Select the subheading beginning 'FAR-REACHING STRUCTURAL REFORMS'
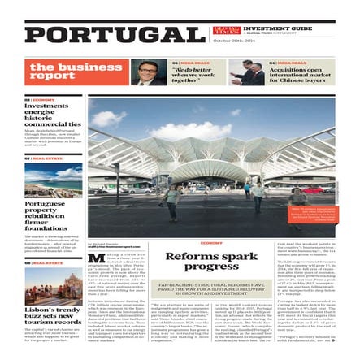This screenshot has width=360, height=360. click(210, 287)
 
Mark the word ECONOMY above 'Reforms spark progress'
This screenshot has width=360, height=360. click(210, 243)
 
